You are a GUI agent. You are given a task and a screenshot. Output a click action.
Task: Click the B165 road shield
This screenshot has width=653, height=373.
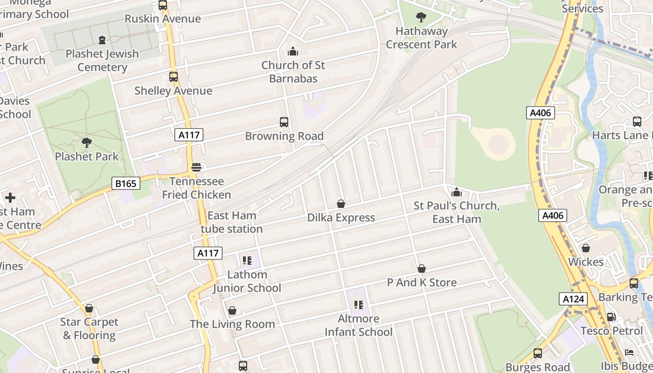pos(126,183)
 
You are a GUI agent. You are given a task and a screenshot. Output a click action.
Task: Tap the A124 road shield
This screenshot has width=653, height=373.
pos(573,299)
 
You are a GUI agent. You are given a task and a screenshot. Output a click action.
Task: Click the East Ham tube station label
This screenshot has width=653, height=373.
pos(232,222)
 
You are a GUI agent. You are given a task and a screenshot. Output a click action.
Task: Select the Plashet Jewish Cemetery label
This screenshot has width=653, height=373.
pos(102,61)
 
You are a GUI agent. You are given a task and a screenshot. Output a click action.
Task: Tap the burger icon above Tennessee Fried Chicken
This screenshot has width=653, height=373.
pos(196,167)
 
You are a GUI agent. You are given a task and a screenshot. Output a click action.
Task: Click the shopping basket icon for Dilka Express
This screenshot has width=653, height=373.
pos(341,204)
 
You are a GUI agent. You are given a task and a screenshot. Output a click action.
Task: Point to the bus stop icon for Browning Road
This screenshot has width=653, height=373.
pos(284,123)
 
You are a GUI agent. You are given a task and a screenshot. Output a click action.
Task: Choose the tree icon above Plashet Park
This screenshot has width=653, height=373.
pos(87,143)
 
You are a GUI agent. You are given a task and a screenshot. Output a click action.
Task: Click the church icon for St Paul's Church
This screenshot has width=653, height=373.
pos(457,192)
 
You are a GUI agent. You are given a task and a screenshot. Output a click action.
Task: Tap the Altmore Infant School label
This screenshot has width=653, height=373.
pos(358,325)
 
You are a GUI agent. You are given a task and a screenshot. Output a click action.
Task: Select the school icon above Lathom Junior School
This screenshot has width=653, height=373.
pos(247,261)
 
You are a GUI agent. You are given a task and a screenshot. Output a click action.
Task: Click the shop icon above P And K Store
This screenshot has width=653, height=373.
pos(422,269)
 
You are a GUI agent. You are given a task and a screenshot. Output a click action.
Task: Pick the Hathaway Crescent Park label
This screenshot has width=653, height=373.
pos(422,38)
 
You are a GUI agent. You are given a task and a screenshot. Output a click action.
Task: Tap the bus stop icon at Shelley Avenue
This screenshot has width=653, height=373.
pos(174,77)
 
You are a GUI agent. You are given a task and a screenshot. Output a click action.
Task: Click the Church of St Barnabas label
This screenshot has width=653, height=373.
pos(293,72)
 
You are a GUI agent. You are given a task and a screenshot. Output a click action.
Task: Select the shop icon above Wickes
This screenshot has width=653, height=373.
pos(586,249)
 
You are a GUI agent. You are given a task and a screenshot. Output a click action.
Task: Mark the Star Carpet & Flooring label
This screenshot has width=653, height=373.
pos(89,329)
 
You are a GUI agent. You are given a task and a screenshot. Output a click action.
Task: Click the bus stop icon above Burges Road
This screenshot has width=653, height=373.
pos(538,353)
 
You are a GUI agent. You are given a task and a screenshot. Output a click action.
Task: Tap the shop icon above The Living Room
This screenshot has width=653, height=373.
pos(232,311)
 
